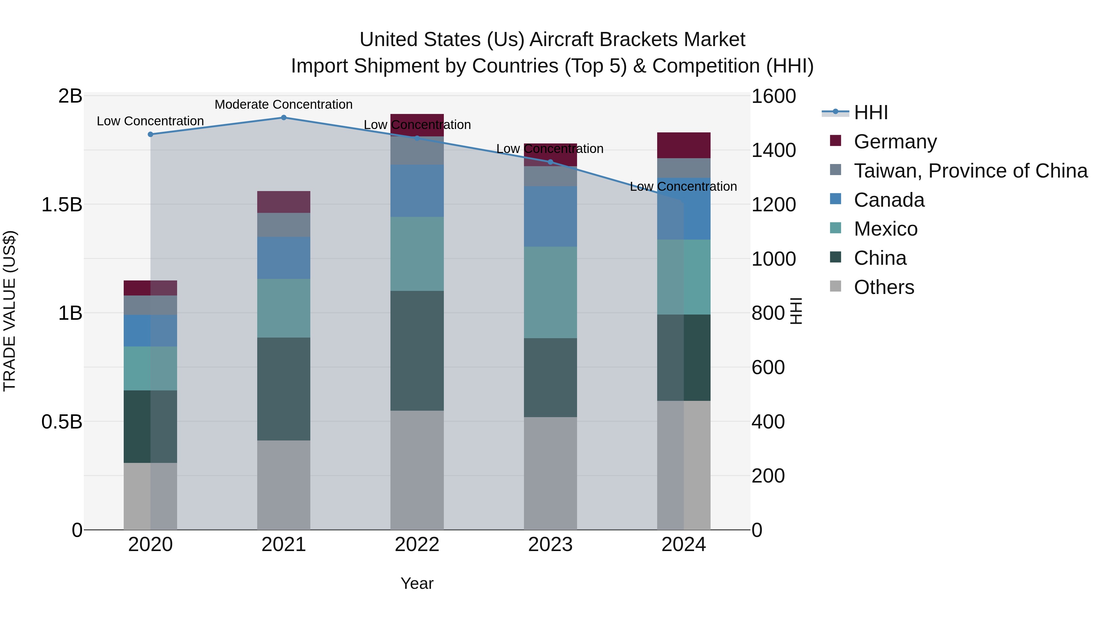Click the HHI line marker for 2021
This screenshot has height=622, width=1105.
284,118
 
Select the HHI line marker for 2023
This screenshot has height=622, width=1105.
551,162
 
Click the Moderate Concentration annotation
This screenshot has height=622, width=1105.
284,104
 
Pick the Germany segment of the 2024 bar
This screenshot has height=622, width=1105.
684,146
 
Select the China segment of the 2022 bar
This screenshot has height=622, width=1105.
417,351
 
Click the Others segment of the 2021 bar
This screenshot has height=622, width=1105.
284,485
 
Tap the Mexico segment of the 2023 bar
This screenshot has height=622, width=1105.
550,292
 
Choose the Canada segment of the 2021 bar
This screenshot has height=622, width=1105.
284,258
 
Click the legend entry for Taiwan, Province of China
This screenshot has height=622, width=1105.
970,171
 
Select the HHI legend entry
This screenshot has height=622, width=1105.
871,112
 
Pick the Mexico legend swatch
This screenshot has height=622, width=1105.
836,228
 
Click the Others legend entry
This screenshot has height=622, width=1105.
884,287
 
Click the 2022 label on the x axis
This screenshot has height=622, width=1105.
417,545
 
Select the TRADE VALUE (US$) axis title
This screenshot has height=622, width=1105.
10,311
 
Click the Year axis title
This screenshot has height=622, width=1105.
417,583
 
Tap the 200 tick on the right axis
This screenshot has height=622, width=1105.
768,475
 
